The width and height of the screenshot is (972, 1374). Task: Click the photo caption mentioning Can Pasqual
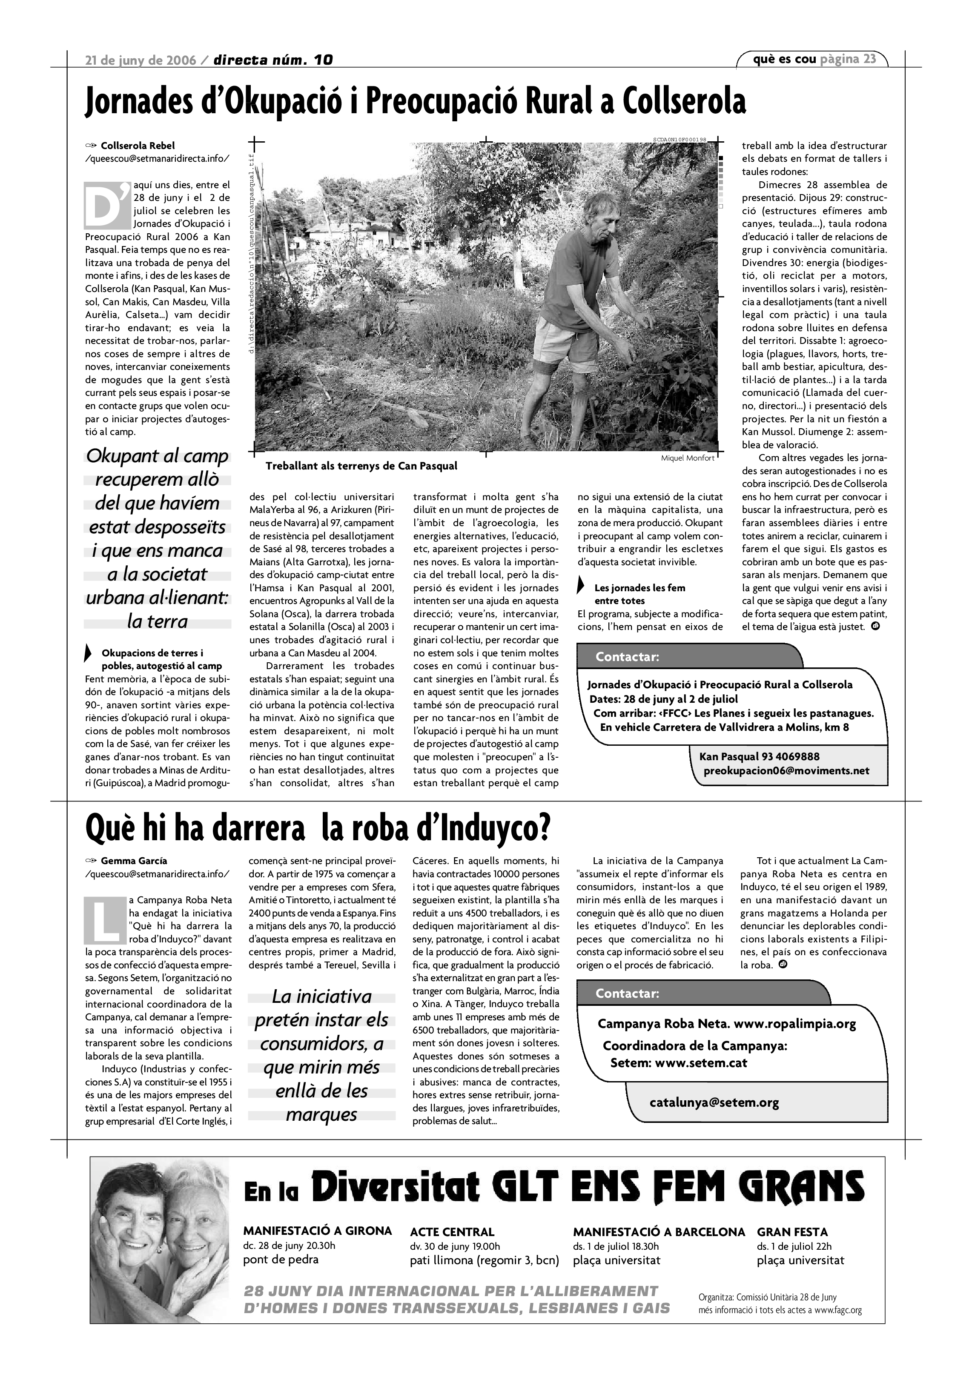[x=361, y=466]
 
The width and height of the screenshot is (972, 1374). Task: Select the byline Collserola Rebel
[x=138, y=146]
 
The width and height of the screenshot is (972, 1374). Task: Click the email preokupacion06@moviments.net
[x=786, y=771]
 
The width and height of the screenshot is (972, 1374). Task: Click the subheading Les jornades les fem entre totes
[x=639, y=594]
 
